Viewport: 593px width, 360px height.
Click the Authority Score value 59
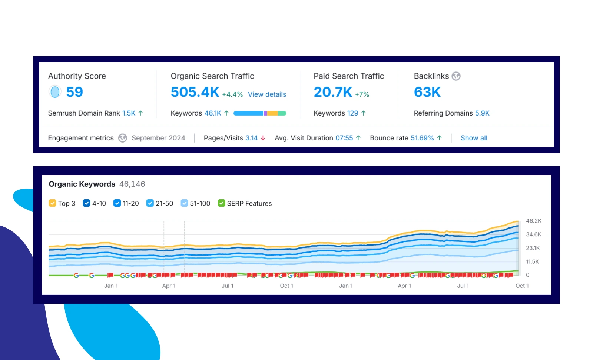pyautogui.click(x=74, y=92)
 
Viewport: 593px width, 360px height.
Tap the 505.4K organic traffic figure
pyautogui.click(x=195, y=92)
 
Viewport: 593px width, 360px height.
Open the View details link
pyautogui.click(x=267, y=94)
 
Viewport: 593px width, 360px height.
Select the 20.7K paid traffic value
pyautogui.click(x=333, y=92)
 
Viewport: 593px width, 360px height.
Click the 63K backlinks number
pyautogui.click(x=427, y=92)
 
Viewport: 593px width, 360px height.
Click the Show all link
pyautogui.click(x=474, y=138)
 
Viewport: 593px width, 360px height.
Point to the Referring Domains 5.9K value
pyautogui.click(x=482, y=113)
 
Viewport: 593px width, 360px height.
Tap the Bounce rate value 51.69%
pyautogui.click(x=422, y=138)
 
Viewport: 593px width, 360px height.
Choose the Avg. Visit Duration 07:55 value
pyautogui.click(x=344, y=138)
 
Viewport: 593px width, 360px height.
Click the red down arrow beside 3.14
pyautogui.click(x=263, y=138)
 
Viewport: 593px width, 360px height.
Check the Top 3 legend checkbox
pyautogui.click(x=52, y=203)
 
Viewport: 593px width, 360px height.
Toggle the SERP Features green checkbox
pyautogui.click(x=221, y=203)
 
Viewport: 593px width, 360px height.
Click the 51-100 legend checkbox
pyautogui.click(x=184, y=203)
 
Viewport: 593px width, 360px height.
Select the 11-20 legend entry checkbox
pyautogui.click(x=117, y=203)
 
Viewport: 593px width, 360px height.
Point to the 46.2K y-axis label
pyautogui.click(x=533, y=221)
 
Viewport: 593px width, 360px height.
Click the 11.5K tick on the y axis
pyautogui.click(x=532, y=261)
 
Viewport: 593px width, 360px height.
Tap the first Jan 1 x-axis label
pyautogui.click(x=111, y=286)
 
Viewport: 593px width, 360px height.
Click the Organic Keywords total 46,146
pyautogui.click(x=132, y=184)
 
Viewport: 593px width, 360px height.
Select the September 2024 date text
pyautogui.click(x=158, y=138)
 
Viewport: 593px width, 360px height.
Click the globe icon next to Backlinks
pyautogui.click(x=456, y=76)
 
